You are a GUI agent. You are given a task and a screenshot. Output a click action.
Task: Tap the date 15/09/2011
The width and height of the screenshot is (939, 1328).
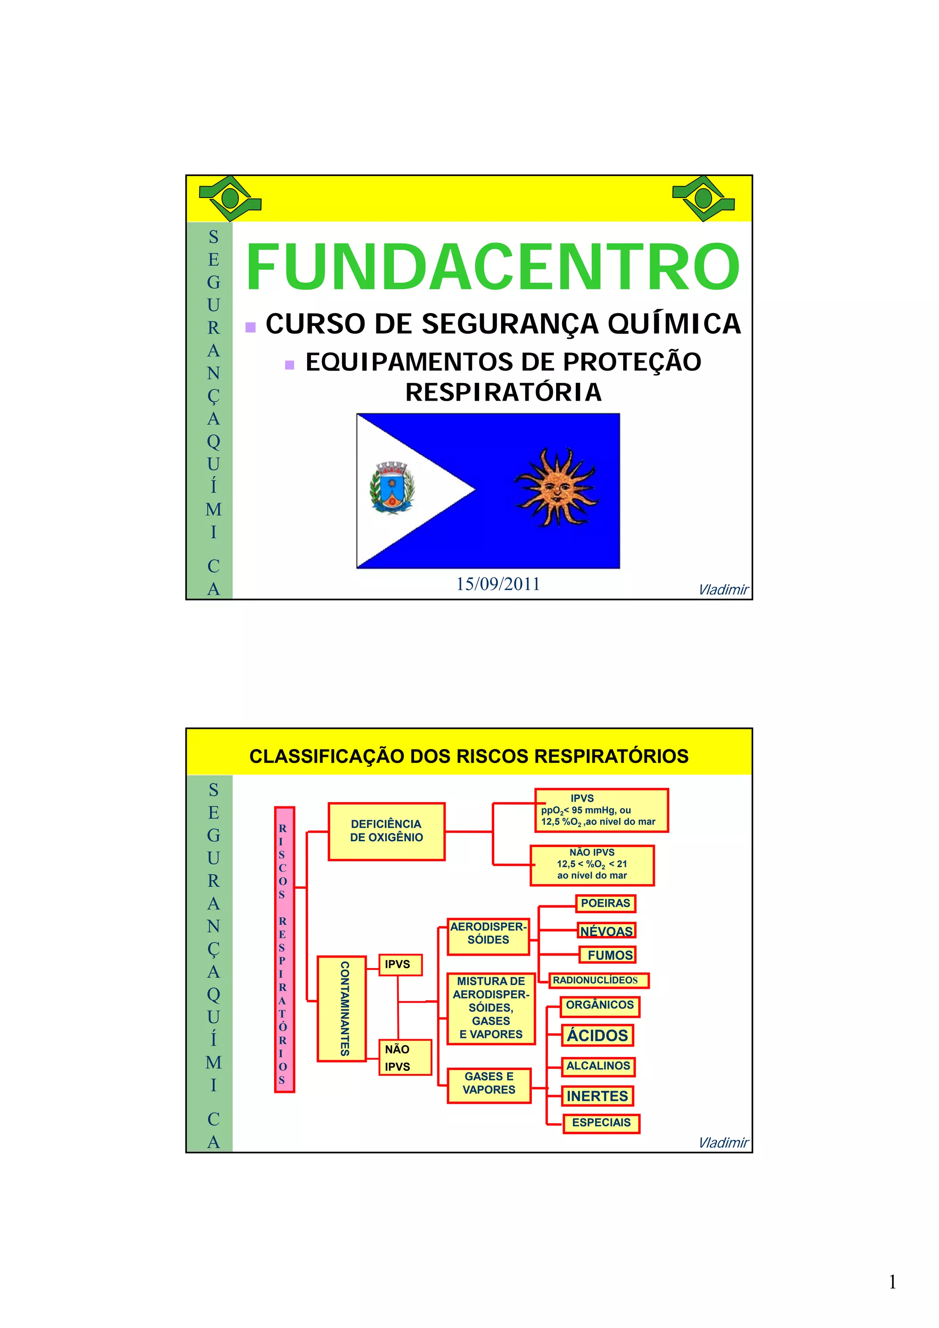pos(497,584)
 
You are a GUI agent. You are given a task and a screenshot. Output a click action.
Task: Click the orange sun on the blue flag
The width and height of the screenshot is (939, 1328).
pos(556,488)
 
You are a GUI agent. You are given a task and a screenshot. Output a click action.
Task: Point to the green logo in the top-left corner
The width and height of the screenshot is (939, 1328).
pos(230,198)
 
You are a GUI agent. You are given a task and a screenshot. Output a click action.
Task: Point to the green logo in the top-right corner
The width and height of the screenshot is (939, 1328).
pos(703,198)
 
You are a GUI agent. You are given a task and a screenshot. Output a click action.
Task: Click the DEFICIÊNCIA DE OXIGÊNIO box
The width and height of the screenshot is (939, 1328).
pos(386,831)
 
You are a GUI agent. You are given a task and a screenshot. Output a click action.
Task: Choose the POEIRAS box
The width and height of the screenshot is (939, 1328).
pos(605,904)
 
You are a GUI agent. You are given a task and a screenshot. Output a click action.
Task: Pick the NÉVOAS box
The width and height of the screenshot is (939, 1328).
pos(606,931)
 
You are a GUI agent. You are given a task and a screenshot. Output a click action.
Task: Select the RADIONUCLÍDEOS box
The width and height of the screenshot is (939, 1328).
pos(598,981)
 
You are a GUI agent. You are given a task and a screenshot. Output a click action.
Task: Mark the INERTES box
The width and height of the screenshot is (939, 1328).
pos(597,1096)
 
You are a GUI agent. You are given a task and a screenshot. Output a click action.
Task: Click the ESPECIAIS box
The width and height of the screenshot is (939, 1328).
pos(601,1123)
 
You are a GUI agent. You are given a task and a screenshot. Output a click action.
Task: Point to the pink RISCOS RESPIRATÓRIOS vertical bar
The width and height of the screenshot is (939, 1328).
pos(284,950)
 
